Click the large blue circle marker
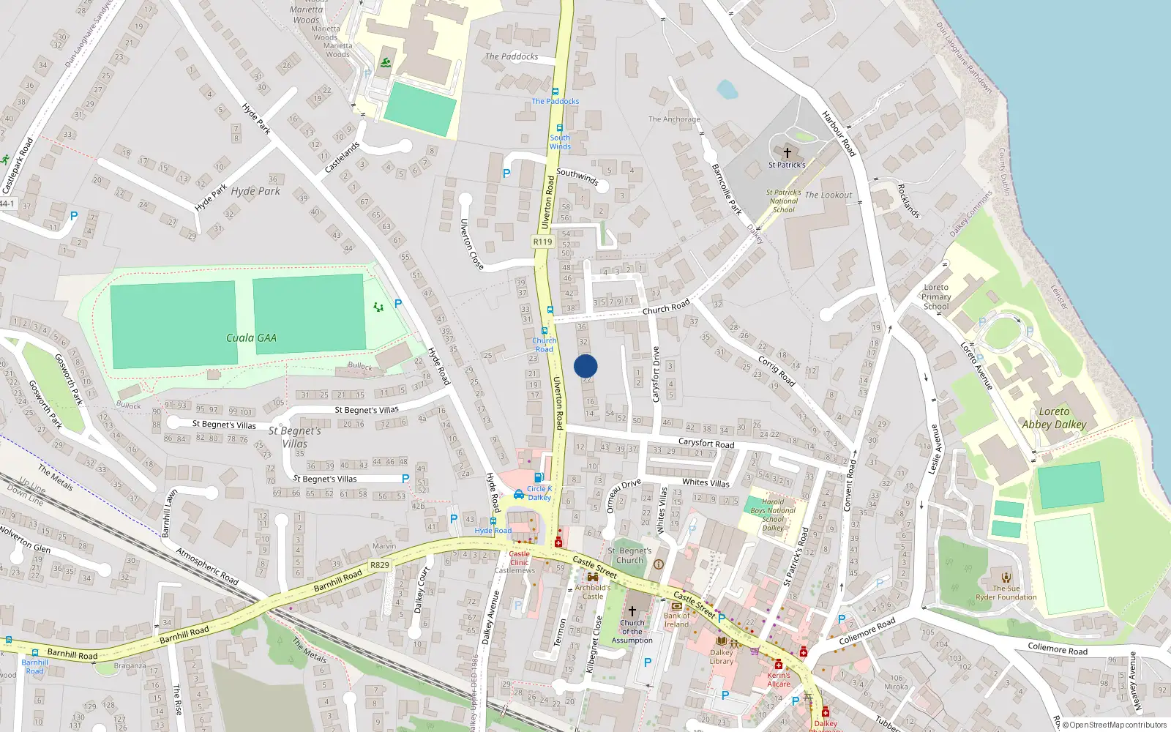coord(585,366)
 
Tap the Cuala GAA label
coord(251,337)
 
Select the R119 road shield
coord(542,242)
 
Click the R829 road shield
coord(379,565)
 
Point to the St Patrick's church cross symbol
coord(787,153)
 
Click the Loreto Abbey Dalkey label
coord(1054,418)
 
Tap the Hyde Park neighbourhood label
coord(255,191)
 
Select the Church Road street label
coord(666,307)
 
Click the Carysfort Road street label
coord(706,443)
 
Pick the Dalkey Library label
coord(722,657)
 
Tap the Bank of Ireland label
coord(677,620)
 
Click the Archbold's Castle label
coord(593,591)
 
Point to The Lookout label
coord(828,195)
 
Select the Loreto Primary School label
coord(936,296)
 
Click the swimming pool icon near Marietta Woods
coord(386,63)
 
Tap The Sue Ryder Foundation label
coord(1006,592)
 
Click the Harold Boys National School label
coord(773,515)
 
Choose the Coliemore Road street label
coord(867,632)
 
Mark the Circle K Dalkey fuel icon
coord(539,478)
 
